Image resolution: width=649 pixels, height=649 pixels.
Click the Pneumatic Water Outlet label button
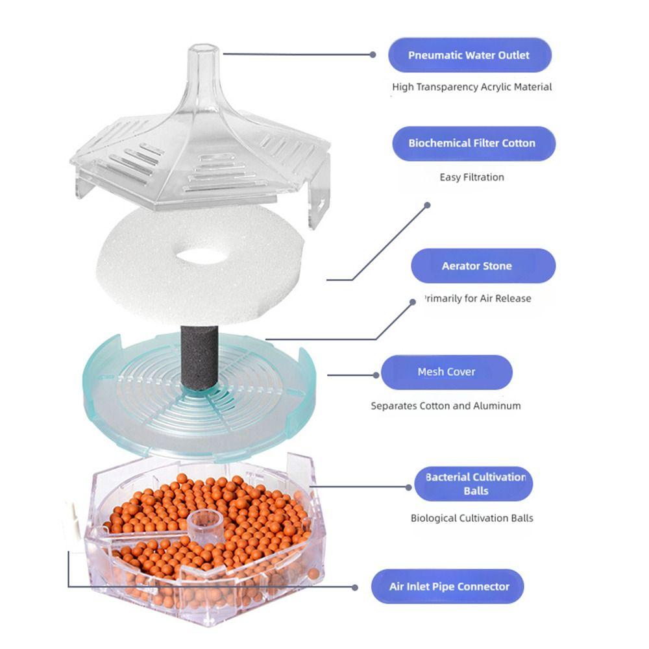coord(469,55)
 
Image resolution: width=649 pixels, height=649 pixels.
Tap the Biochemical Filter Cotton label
coord(472,143)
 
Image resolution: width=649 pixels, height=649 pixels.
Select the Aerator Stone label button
coord(483,266)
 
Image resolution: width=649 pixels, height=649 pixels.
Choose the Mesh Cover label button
coord(447,372)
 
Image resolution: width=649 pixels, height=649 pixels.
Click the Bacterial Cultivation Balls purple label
coord(474,484)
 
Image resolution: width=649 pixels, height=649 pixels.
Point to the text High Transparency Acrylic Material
coord(472,87)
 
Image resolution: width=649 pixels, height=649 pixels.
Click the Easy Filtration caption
coord(472,177)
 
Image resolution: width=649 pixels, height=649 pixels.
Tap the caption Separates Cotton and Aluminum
coord(446,406)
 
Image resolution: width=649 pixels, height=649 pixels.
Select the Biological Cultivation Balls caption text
coord(472,518)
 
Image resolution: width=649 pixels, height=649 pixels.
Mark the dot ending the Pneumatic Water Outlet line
coord(373,55)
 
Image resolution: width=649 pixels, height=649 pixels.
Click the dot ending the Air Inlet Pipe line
coord(355,587)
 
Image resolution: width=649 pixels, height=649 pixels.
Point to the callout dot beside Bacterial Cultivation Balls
coord(408,485)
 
